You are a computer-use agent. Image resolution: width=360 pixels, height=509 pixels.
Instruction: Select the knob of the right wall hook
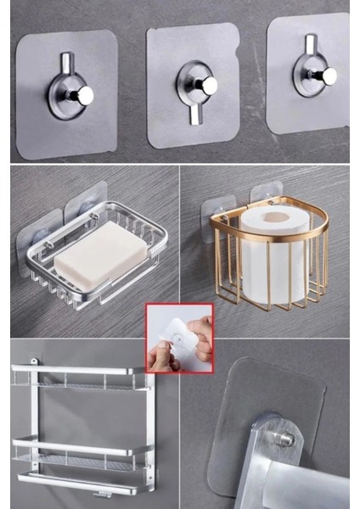coord(327,76)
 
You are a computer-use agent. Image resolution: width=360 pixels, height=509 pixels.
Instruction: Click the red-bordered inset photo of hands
coord(178,338)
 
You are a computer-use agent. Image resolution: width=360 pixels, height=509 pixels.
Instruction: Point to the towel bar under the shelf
coord(85,481)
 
